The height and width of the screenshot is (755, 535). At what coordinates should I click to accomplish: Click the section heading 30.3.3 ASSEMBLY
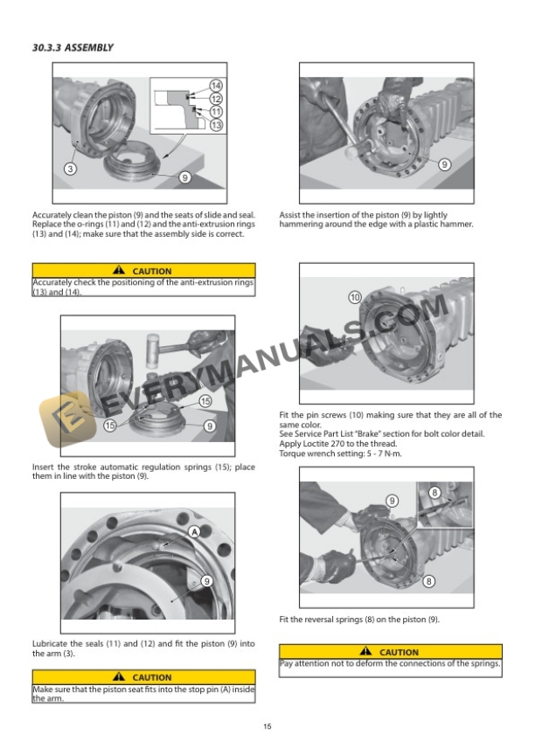point(73,47)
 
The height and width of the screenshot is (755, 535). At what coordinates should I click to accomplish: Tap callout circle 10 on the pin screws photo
point(355,298)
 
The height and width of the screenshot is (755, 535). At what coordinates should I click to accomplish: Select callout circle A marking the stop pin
point(194,531)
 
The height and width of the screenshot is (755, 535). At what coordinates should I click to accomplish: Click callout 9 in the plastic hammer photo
point(444,164)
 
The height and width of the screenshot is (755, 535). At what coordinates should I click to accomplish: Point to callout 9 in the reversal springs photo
point(393,501)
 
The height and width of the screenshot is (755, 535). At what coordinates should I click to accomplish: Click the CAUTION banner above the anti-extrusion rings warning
point(143,271)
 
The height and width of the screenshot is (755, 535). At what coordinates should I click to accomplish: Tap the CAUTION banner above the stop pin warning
point(143,677)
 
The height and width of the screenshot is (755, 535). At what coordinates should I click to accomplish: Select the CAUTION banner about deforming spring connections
point(391,652)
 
